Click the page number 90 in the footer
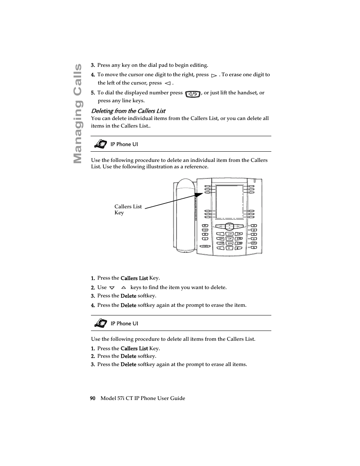(93, 398)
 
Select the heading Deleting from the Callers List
(128, 111)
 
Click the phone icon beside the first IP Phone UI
(100, 144)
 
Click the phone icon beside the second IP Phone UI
(100, 323)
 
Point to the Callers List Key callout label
(128, 209)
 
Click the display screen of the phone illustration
(229, 202)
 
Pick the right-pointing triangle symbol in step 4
(214, 75)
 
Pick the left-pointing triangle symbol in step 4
(168, 83)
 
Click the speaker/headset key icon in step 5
(192, 94)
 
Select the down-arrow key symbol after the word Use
(112, 288)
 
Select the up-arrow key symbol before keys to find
(123, 288)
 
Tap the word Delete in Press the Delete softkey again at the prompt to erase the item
(128, 305)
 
